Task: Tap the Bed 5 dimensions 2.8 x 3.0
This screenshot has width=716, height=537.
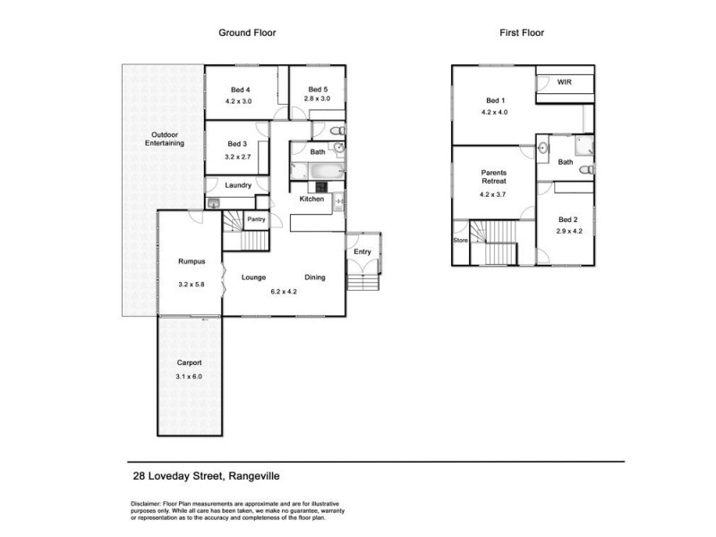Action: pyautogui.click(x=319, y=99)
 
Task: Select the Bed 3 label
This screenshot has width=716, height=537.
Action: pyautogui.click(x=236, y=144)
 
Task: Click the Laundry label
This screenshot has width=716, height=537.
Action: pyautogui.click(x=238, y=185)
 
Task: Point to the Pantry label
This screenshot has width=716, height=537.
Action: pyautogui.click(x=256, y=219)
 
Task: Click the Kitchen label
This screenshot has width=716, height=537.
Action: pyautogui.click(x=311, y=199)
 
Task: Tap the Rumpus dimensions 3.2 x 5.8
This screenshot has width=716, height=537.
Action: pyautogui.click(x=192, y=285)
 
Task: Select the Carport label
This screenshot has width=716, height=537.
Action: pyautogui.click(x=189, y=362)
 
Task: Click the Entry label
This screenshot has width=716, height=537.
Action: pyautogui.click(x=362, y=252)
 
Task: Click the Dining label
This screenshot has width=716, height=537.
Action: pyautogui.click(x=314, y=277)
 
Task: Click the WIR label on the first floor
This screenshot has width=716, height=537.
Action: pyautogui.click(x=564, y=82)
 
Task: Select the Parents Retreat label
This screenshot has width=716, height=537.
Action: pyautogui.click(x=494, y=175)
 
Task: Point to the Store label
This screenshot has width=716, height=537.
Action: pyautogui.click(x=460, y=240)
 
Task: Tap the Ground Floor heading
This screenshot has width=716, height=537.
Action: pyautogui.click(x=247, y=32)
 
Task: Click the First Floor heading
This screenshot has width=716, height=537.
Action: pyautogui.click(x=522, y=32)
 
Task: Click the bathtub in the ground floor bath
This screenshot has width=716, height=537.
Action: pyautogui.click(x=313, y=168)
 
